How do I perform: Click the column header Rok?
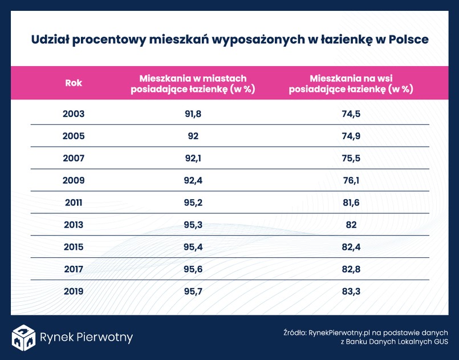[x=74, y=83]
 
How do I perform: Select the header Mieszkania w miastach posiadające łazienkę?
[x=193, y=83]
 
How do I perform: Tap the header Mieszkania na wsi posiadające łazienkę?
[x=351, y=83]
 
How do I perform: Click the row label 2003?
[x=74, y=114]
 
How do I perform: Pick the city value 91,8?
[x=193, y=114]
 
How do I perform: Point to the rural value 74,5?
[x=351, y=114]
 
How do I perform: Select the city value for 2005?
[x=193, y=136]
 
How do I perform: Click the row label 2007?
[x=74, y=159]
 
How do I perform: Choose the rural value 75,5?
[x=351, y=159]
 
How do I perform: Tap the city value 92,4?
[x=193, y=181]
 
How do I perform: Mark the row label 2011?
[x=74, y=203]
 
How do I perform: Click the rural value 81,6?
[x=351, y=203]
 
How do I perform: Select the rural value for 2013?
[x=351, y=225]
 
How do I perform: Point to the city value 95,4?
[x=193, y=247]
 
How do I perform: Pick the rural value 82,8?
[x=351, y=269]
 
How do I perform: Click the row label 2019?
[x=74, y=291]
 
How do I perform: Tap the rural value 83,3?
[x=351, y=291]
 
